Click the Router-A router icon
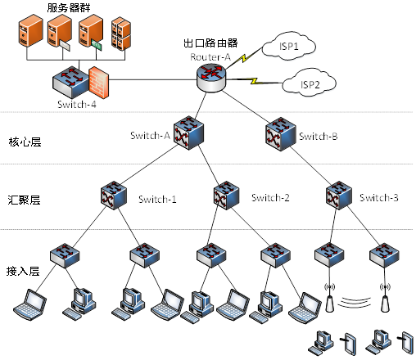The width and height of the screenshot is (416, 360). [x=211, y=78]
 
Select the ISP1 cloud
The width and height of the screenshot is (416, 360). [x=289, y=46]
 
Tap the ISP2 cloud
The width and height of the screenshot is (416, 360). [x=309, y=83]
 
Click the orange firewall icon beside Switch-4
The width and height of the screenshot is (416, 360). [x=98, y=83]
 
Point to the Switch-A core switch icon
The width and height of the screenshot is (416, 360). [x=188, y=133]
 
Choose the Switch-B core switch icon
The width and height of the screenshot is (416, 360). [x=281, y=134]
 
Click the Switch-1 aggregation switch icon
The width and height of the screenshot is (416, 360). [x=114, y=196]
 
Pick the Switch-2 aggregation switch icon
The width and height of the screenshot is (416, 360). [x=226, y=196]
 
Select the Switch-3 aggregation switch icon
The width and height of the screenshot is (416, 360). [x=339, y=196]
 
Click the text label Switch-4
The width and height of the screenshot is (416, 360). [x=77, y=104]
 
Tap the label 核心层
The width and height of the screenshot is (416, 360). [x=25, y=142]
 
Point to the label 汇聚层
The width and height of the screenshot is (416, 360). [x=24, y=200]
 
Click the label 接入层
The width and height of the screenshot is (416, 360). [x=23, y=271]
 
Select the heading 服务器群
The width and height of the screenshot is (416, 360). [x=69, y=7]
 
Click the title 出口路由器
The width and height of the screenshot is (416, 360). [x=210, y=43]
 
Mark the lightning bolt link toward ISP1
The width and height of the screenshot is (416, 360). [x=244, y=57]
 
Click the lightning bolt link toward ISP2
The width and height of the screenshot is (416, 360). [x=255, y=81]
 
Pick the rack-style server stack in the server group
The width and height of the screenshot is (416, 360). [x=121, y=34]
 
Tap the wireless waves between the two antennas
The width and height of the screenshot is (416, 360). [x=355, y=303]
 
